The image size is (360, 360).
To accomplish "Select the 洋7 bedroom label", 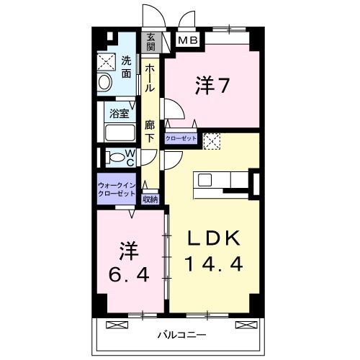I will coord(212,86).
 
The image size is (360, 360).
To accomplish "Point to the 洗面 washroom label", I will coord(126,67).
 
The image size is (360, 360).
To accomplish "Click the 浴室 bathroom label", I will coord(119,113).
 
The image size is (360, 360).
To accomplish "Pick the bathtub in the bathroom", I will coord(120,132).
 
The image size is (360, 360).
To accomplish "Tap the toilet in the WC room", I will coord(113,157).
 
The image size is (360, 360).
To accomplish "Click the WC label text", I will coord(130,158).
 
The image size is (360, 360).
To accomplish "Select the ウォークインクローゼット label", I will coord(116,189).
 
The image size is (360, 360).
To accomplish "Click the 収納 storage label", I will coord(150,199).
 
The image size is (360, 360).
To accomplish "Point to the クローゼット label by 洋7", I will coord(181,138).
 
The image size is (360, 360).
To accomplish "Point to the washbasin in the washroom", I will coord(104,81).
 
